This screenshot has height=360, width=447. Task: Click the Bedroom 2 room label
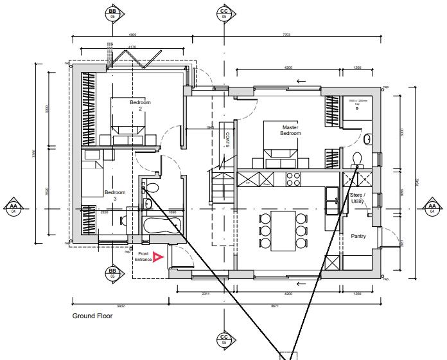(x=140, y=105)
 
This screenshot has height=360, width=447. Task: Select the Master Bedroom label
(x=290, y=130)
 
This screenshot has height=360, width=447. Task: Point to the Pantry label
(x=358, y=237)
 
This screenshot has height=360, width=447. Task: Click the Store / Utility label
(x=357, y=197)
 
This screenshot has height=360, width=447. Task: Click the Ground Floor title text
(x=92, y=316)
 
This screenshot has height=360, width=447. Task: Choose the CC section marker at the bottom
(x=224, y=339)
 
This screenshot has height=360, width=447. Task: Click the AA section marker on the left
(x=13, y=208)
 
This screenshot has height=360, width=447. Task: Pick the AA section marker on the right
(x=432, y=208)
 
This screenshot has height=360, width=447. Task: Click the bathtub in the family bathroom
(x=161, y=226)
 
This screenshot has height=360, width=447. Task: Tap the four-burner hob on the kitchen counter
(x=294, y=178)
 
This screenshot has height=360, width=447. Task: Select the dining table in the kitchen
(x=282, y=230)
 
